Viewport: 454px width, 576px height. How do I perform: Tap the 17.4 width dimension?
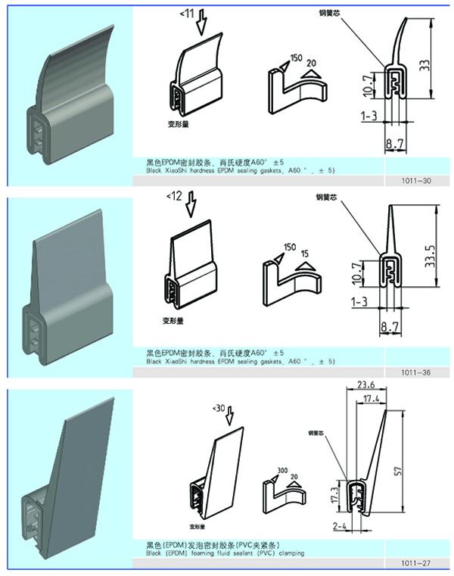[x=372, y=397]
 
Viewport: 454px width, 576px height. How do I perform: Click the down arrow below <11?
[x=201, y=26]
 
